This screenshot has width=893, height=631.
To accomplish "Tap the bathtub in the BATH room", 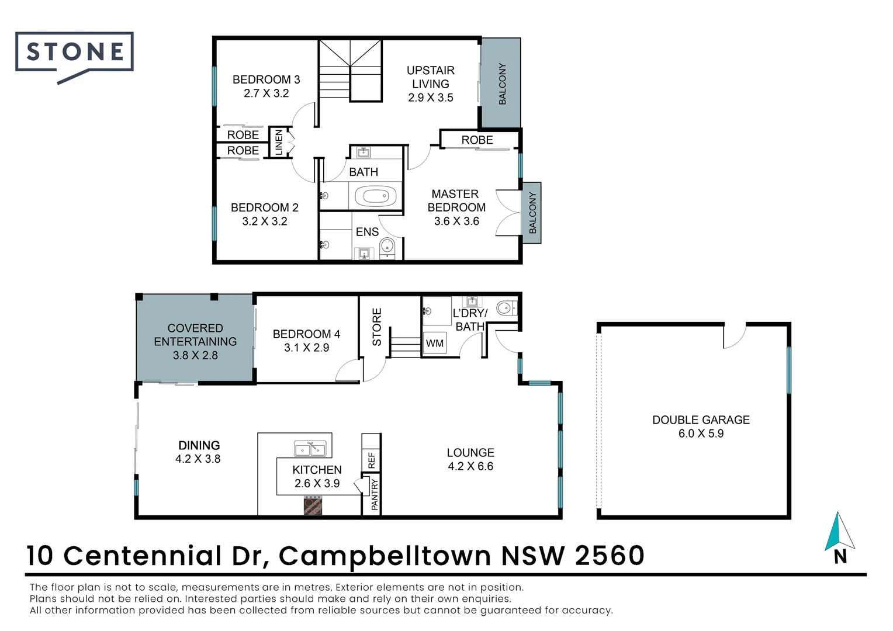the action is tap(376, 196).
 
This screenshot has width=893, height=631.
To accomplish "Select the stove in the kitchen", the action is tap(313, 505).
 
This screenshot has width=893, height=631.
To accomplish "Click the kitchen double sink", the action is tap(310, 449).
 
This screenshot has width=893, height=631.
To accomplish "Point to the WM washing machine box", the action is tap(435, 343).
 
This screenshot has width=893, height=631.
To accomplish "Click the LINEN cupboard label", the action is tap(279, 143).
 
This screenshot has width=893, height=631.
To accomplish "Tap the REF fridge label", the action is tap(372, 460).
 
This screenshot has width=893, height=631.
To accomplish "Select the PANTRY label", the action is tap(375, 495).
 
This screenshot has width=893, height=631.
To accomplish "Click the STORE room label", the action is tap(377, 327).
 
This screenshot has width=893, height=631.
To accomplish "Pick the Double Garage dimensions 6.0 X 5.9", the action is tap(701, 434).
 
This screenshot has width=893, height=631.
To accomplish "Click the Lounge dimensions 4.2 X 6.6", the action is tap(470, 466).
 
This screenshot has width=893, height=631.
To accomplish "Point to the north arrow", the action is tap(840, 531).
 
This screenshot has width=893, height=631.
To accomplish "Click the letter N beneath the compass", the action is tap(840, 557).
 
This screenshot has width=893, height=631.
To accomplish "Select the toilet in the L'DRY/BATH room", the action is tap(506, 308).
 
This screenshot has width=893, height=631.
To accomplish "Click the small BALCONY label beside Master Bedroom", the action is tap(532, 213).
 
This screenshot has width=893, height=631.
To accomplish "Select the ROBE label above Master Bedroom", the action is tap(477, 140).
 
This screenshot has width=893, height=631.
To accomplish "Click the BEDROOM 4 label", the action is tap(306, 334).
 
